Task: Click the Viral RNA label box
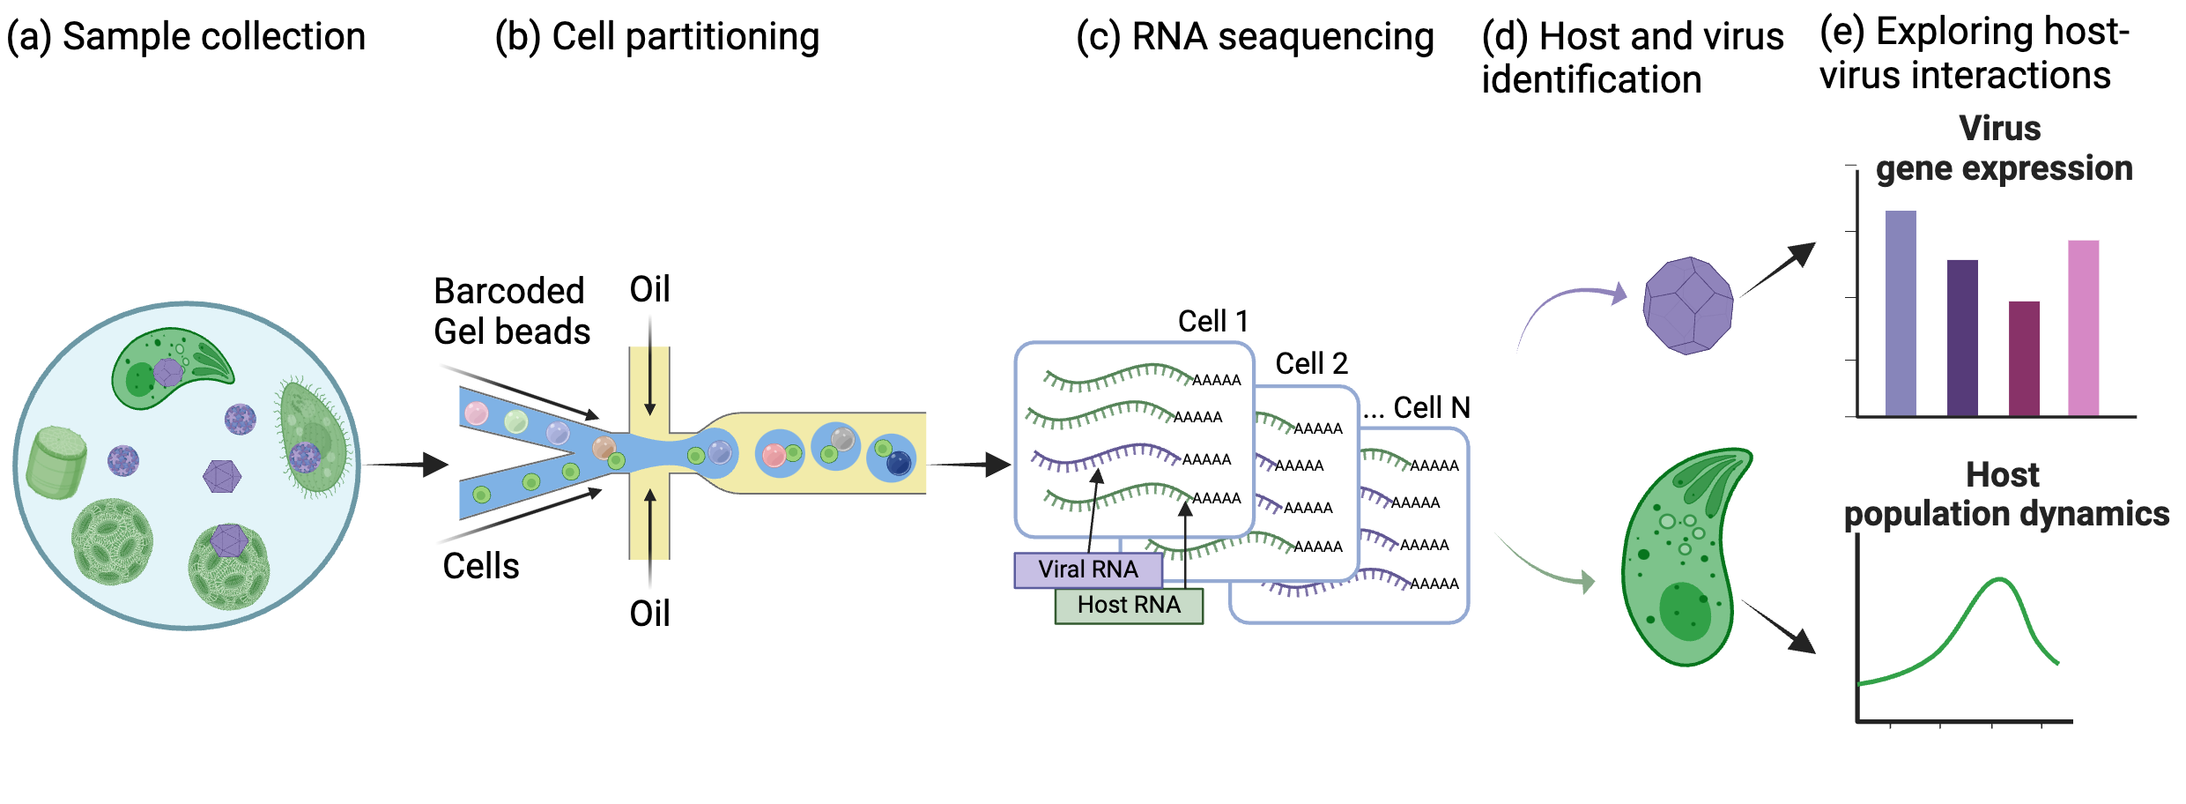pyautogui.click(x=1088, y=569)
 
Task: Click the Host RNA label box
pyautogui.click(x=1129, y=606)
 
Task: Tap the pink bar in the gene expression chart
pyautogui.click(x=2083, y=328)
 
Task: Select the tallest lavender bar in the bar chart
pyautogui.click(x=1900, y=313)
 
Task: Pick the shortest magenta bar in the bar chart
pyautogui.click(x=2024, y=358)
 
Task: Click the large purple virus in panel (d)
pyautogui.click(x=1687, y=306)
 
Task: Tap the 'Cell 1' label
pyautogui.click(x=1212, y=321)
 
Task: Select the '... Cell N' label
pyautogui.click(x=1417, y=407)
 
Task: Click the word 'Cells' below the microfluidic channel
pyautogui.click(x=481, y=566)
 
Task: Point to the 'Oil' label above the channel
pyautogui.click(x=650, y=289)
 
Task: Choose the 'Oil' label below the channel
pyautogui.click(x=650, y=614)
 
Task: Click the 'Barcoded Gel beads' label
pyautogui.click(x=512, y=311)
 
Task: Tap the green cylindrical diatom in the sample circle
pyautogui.click(x=56, y=462)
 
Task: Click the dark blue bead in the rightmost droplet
pyautogui.click(x=899, y=463)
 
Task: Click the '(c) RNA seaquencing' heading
pyautogui.click(x=1255, y=37)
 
